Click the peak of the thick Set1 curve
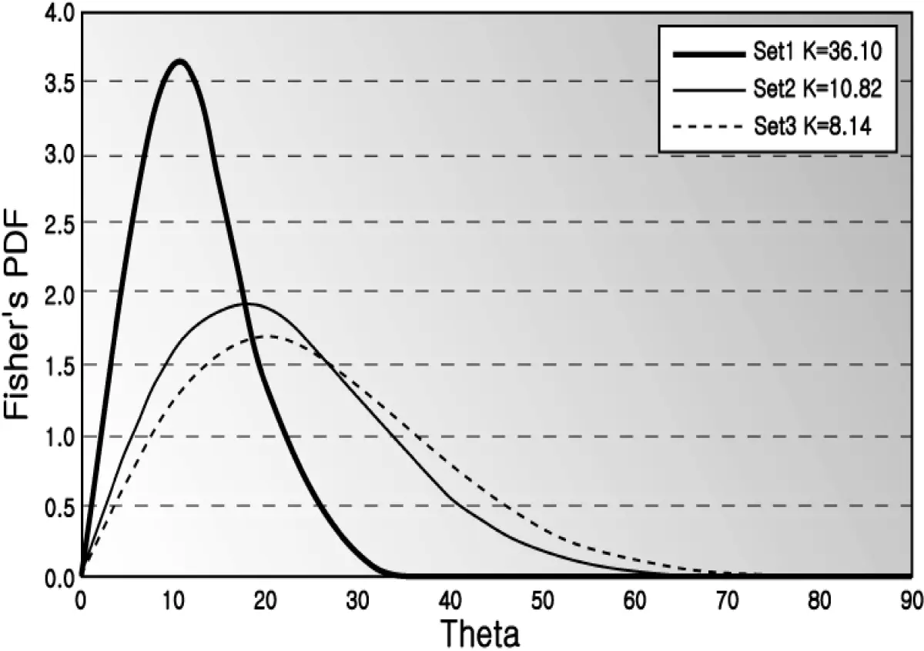pyautogui.click(x=179, y=61)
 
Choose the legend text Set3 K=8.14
pyautogui.click(x=812, y=125)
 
